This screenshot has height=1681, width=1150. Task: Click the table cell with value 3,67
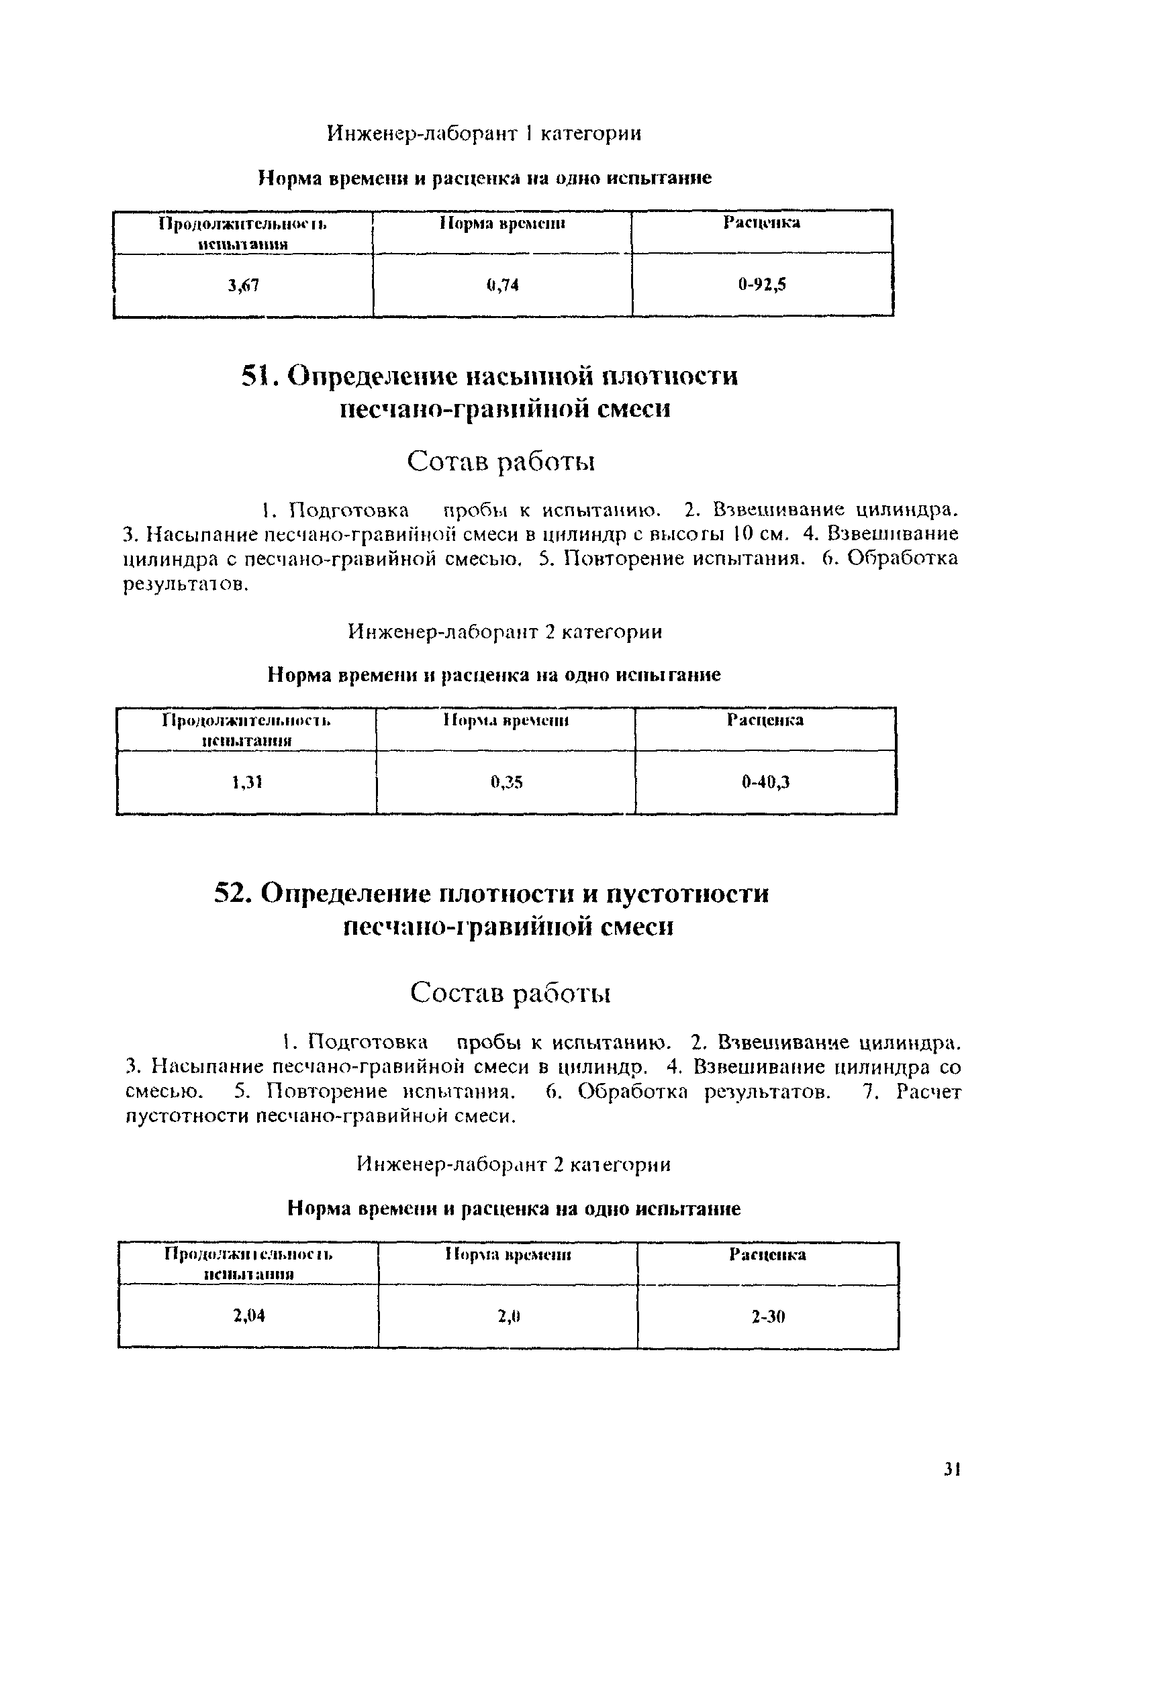(243, 286)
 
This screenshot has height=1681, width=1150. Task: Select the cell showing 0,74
(502, 285)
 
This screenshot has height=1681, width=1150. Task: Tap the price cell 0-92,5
(762, 285)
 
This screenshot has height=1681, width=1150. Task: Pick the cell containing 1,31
(247, 782)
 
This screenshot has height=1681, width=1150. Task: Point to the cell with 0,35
(506, 782)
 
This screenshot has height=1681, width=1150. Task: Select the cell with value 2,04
(249, 1316)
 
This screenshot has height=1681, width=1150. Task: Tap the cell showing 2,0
(509, 1317)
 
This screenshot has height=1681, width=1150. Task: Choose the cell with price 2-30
(768, 1317)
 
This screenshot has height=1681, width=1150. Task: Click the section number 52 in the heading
(232, 893)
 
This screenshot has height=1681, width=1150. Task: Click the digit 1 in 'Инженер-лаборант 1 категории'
(529, 134)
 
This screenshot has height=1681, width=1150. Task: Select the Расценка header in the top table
(761, 223)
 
